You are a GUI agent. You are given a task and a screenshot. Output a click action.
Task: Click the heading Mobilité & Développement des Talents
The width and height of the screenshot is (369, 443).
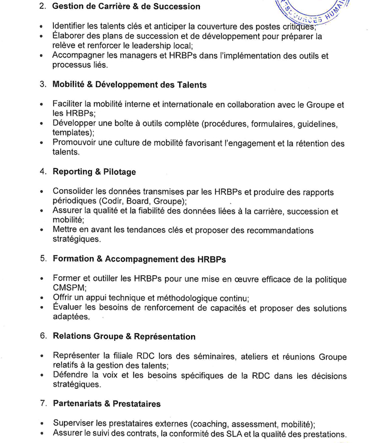point(130,85)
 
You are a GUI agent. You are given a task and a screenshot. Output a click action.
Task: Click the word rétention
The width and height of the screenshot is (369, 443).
point(300,143)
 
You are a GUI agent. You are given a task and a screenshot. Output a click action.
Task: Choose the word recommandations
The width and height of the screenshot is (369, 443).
point(273,230)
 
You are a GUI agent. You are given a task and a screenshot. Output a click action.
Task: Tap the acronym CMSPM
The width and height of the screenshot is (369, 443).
point(69,288)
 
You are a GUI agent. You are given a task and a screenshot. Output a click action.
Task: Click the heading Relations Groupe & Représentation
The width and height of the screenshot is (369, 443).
point(124,337)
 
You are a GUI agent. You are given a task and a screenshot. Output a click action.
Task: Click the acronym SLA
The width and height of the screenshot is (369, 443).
point(226,433)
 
